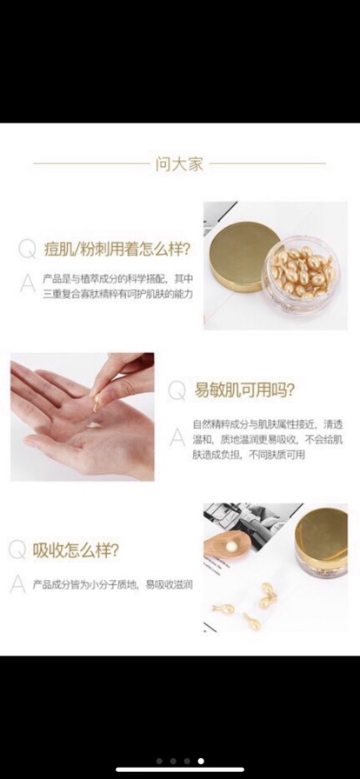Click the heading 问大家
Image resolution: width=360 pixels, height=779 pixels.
tap(179, 163)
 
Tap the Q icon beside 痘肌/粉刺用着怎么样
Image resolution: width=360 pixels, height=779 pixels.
tap(28, 250)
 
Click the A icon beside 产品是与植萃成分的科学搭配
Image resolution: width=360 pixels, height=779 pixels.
tap(28, 282)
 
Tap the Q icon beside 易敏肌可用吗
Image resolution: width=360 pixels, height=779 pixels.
tap(177, 390)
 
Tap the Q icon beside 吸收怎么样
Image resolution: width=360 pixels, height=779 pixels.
tap(17, 549)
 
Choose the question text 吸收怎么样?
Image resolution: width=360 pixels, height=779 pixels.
tap(76, 549)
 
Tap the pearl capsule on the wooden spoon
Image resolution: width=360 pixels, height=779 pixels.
tap(232, 544)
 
